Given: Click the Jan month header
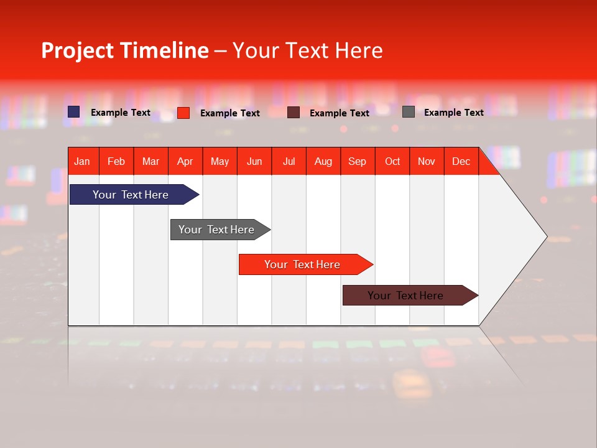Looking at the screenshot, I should pos(83,161).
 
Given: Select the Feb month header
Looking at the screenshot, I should pos(116,161).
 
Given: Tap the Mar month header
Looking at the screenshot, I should pos(150,161).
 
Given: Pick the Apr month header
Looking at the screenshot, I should pos(185,161).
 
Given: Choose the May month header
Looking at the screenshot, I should pos(220,161).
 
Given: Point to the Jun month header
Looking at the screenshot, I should pos(254,161).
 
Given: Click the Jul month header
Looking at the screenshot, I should pos(289,161).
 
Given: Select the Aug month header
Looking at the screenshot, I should pos(323,161).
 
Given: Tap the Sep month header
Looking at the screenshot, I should pos(358,161).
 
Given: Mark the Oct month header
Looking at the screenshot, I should pos(392,161).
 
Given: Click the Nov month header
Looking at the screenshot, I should pos(427,161).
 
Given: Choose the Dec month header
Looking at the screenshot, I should pos(461,161).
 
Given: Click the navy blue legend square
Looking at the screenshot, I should pos(74,112).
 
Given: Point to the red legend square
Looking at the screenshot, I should pos(183,113).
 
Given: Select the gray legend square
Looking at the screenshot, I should pos(409,112).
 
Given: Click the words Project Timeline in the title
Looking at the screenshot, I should pos(124,50).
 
